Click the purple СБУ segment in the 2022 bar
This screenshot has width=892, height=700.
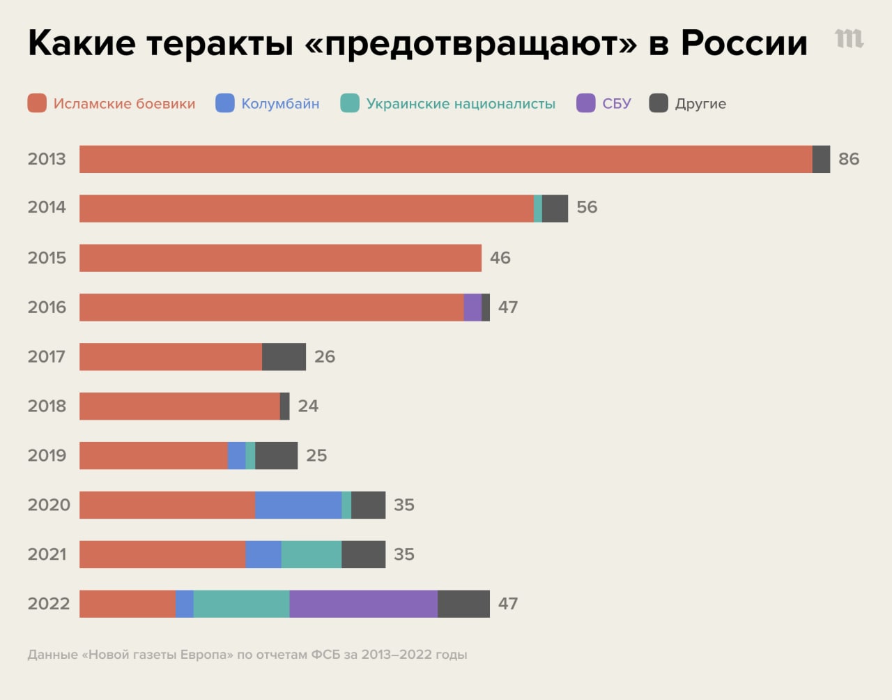coord(363,604)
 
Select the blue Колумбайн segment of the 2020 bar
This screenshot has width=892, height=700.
coord(298,505)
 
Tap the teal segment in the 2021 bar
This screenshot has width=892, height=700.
coord(311,554)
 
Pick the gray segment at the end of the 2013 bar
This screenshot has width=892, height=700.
coord(821,159)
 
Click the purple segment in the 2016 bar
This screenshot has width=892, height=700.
coord(472,307)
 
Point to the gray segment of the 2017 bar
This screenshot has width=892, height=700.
coord(284,357)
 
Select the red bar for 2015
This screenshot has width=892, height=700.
coord(280,258)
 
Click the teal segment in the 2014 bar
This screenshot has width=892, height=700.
coord(538,208)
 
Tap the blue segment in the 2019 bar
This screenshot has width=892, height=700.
coord(237,455)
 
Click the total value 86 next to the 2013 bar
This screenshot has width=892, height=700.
coord(848,159)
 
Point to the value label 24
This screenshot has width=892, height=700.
coord(308,406)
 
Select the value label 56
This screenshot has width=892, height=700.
coord(587,207)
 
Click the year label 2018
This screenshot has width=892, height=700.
coord(47,406)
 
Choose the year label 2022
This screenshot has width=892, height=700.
coord(48,604)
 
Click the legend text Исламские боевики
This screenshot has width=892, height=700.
coord(124,104)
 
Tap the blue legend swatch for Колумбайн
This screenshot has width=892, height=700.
coord(225,103)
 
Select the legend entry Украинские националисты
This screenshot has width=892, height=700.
coord(461,104)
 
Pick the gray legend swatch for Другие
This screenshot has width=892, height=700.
coord(659,103)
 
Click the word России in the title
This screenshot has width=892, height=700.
coord(744,43)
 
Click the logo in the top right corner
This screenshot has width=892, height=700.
coord(849,38)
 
